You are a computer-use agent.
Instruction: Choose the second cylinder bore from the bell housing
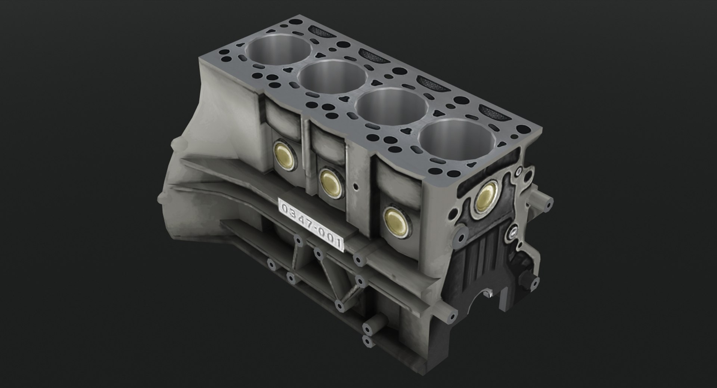tap(332, 78)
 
